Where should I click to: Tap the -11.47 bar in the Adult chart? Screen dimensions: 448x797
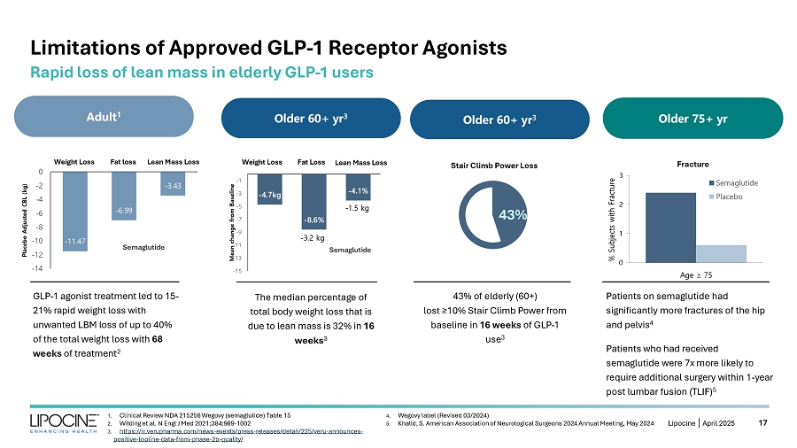[75, 212]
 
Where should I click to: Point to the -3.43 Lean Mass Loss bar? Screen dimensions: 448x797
[172, 183]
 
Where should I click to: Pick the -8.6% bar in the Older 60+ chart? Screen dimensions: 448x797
[313, 203]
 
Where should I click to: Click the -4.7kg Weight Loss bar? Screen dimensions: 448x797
[269, 189]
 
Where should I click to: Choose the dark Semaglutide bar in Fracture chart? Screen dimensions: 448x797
[671, 227]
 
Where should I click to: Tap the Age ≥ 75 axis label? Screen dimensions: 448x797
[696, 274]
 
